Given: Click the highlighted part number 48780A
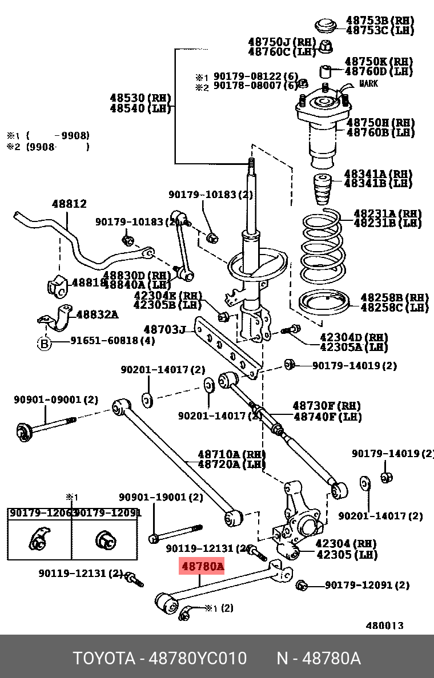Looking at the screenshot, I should tap(203, 567).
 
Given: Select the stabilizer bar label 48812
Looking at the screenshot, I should tap(69, 204).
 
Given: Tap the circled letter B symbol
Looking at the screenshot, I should tap(45, 343).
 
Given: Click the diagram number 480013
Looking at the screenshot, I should tap(384, 625).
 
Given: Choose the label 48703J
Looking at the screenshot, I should tap(164, 329).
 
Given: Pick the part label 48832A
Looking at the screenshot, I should tap(97, 314).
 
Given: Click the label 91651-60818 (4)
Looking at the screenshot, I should tap(112, 341).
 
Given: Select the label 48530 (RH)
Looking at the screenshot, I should tap(140, 98).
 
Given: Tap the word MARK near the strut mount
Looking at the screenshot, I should tap(368, 84).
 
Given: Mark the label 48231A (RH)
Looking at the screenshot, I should tap(388, 213).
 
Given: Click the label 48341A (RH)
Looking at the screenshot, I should tap(377, 173).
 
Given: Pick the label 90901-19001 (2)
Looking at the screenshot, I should tap(160, 497).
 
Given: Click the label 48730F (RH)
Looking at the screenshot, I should tap(327, 406).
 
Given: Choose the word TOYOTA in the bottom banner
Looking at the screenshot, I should tap(103, 659).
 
